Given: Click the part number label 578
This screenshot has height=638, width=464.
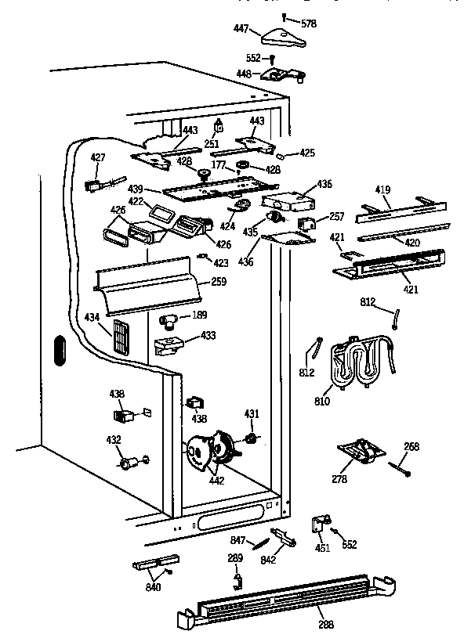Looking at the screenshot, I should point(310,24).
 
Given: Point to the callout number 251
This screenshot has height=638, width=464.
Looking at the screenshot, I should point(211,145).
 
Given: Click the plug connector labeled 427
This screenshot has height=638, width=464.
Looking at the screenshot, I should point(92,186).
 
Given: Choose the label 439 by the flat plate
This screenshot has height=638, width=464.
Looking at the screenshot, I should point(135,189).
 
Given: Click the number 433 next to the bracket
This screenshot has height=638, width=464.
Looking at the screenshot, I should point(208,335).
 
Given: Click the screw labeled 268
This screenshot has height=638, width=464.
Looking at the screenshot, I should point(400,470).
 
